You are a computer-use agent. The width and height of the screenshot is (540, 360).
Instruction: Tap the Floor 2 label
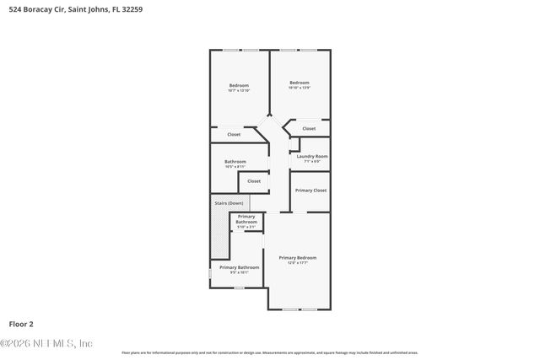point(21,323)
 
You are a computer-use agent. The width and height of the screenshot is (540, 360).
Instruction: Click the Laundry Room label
point(312,156)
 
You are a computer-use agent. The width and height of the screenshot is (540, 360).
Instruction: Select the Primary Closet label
point(310,191)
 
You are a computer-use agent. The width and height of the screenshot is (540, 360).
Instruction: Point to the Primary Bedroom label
point(298,257)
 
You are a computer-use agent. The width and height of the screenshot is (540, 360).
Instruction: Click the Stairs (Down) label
point(228,203)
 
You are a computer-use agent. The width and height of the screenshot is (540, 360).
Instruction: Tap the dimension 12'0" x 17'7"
point(298,263)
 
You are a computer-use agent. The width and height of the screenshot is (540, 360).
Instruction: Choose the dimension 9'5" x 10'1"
point(234,272)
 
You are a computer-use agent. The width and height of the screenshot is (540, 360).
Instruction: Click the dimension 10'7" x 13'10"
point(240,90)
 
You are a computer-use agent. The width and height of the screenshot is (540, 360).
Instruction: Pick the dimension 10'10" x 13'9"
point(300,88)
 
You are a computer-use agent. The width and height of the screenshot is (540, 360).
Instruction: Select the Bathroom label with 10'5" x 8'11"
point(235,161)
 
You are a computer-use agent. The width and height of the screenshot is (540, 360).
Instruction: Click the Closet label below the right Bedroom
point(309,129)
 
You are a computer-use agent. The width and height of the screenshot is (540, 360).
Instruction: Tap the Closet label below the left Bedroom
point(234,134)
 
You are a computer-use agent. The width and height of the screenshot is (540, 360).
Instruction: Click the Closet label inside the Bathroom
point(254,180)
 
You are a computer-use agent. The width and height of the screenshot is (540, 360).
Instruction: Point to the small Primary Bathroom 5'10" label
point(246,220)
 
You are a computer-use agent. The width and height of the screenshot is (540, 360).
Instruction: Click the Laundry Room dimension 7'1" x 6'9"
point(312,161)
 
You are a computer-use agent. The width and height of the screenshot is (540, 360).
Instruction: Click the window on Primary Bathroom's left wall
point(210,274)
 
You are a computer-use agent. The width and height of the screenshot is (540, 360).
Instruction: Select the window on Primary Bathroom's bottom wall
point(240,288)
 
